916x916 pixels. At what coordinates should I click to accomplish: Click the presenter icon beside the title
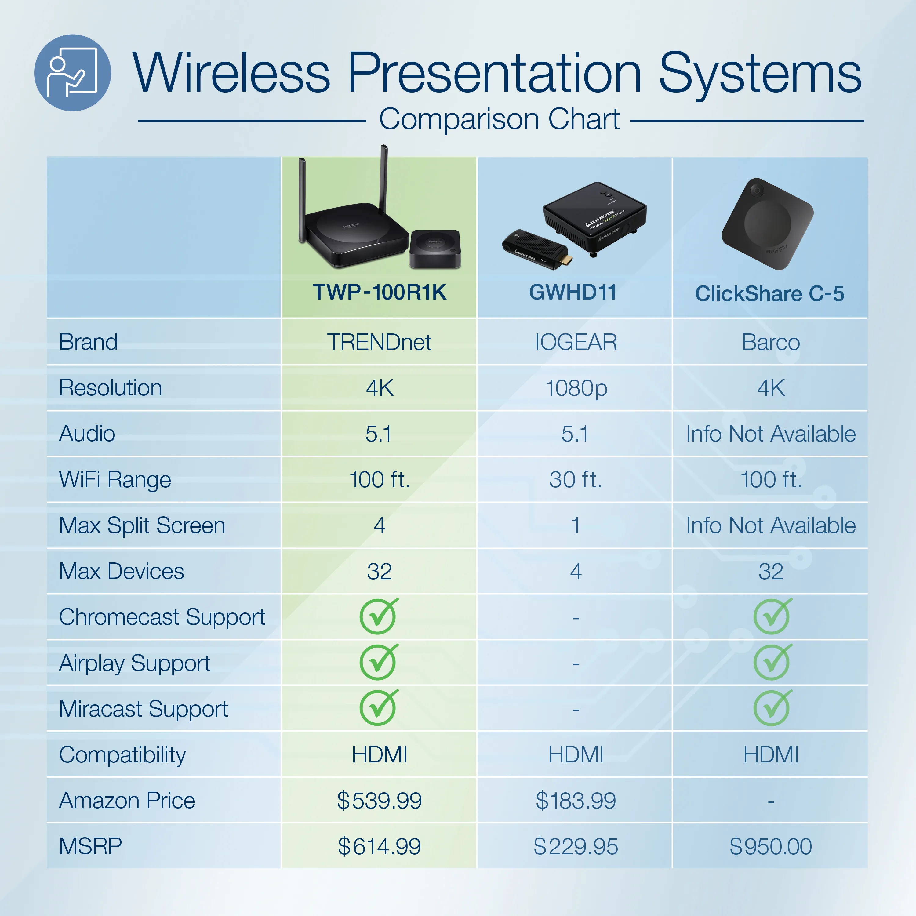[x=73, y=73]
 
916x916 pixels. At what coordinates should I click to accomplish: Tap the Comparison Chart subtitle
[x=499, y=119]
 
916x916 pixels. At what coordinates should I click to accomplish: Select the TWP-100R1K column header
[x=379, y=292]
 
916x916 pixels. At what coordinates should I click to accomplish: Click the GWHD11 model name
[x=573, y=292]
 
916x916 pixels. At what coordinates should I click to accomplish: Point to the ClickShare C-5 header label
[x=769, y=293]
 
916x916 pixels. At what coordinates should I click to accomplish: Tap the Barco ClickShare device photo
[x=767, y=224]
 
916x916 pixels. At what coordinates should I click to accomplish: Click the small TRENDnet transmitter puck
[x=435, y=249]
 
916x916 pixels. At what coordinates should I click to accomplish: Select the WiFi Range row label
[x=115, y=480]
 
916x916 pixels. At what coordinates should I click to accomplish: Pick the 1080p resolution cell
[x=576, y=389]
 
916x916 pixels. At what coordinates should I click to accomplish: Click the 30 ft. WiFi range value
[x=576, y=480]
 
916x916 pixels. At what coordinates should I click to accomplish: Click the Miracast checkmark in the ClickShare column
[x=772, y=708]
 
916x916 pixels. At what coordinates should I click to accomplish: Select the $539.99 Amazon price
[x=379, y=801]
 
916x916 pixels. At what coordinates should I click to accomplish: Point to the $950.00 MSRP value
[x=771, y=847]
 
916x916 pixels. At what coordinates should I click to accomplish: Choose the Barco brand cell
[x=771, y=342]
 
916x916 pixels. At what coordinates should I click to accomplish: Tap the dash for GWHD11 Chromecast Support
[x=576, y=618]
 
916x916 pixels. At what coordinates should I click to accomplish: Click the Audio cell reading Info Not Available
[x=771, y=434]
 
